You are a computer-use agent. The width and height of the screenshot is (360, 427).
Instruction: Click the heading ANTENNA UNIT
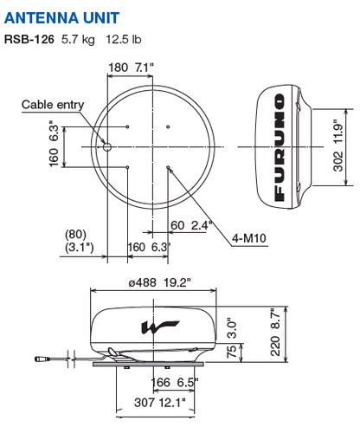pos(61,18)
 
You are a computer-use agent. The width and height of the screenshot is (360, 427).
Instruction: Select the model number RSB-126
pos(29,39)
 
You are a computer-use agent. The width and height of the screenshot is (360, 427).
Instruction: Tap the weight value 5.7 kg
pos(78,40)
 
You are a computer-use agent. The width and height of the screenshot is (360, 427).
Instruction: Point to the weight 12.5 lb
pos(124,39)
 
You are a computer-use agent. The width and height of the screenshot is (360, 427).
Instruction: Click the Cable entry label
pos(53,105)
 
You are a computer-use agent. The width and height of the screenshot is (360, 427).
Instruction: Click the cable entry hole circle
pos(107,147)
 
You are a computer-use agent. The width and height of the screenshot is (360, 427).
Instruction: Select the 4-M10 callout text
pos(249,238)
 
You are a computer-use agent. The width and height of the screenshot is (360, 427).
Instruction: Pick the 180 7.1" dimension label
pos(131,68)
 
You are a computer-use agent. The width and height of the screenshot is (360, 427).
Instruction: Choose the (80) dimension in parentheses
pos(75,235)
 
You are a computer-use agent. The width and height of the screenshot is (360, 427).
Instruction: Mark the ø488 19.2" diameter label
pos(159,282)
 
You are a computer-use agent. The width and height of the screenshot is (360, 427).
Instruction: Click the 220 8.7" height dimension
pos(275,332)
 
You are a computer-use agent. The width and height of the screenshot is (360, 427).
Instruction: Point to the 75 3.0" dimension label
pos(232,339)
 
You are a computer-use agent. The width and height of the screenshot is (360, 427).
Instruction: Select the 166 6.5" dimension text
pos(175,383)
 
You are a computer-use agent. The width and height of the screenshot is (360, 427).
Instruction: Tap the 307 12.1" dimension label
pos(160,402)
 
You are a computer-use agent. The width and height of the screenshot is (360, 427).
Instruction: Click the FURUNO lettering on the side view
pos(280,147)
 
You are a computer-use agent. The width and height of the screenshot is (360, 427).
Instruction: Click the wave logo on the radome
pos(160,327)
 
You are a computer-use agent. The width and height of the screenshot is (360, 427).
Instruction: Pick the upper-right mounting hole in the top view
pos(168,126)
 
